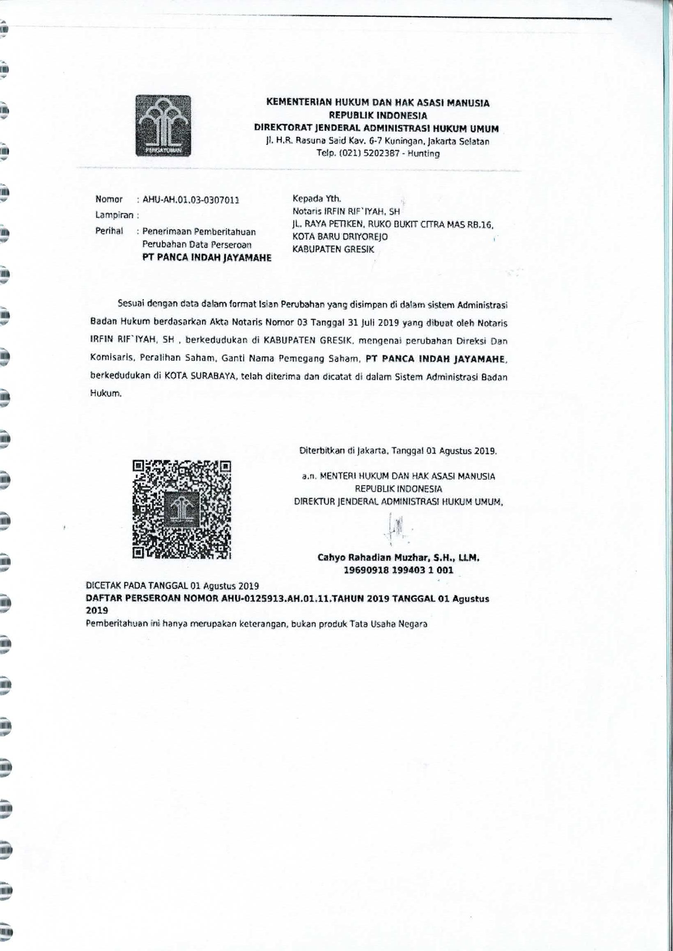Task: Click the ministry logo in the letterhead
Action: (x=163, y=126)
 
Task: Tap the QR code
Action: (x=181, y=509)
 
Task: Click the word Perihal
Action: (x=109, y=231)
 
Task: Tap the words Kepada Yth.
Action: (x=317, y=198)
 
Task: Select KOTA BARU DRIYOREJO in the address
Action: (x=340, y=236)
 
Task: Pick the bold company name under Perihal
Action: (x=207, y=258)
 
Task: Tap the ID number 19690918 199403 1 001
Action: (x=398, y=570)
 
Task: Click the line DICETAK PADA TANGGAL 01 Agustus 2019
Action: (x=172, y=586)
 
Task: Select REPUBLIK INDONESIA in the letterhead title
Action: (x=377, y=115)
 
